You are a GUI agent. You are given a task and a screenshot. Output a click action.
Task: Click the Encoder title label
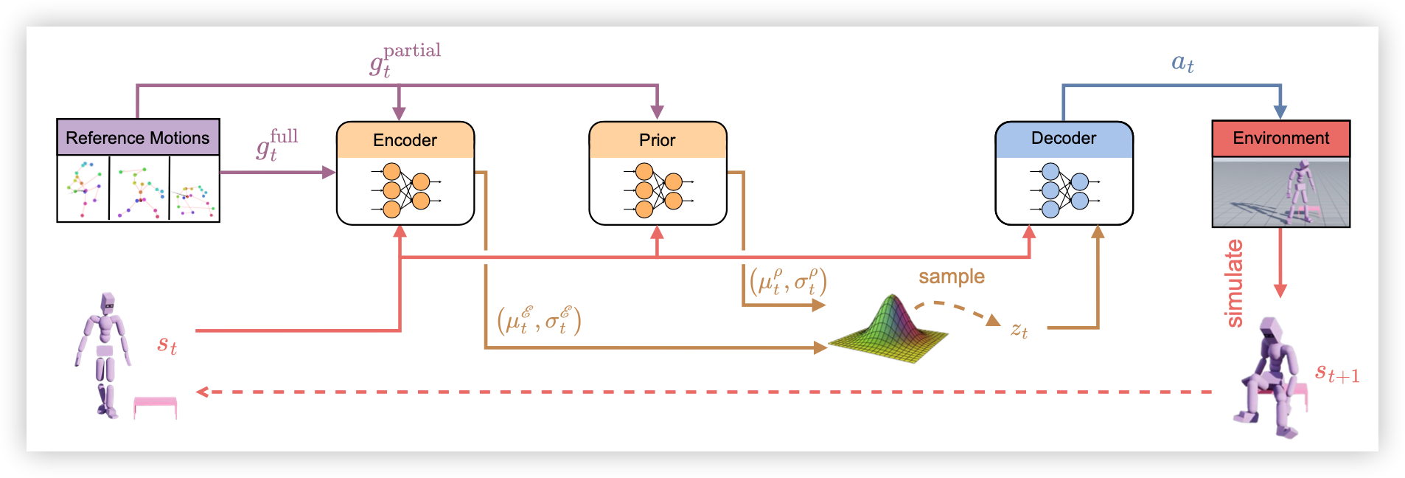click(405, 140)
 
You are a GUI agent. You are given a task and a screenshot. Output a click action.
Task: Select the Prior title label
click(657, 140)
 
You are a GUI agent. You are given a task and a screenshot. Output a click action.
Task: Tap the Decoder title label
click(1063, 139)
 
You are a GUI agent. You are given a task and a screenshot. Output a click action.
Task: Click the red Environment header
click(1280, 139)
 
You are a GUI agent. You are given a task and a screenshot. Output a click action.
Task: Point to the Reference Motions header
click(138, 138)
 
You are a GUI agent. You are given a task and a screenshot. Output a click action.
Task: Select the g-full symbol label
click(277, 144)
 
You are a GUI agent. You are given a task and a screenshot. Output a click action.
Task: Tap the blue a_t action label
click(1182, 63)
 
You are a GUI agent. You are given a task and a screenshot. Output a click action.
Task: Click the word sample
click(951, 277)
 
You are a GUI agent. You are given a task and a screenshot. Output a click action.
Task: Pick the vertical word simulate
click(1233, 283)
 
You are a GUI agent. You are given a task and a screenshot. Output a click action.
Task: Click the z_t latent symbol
click(1019, 330)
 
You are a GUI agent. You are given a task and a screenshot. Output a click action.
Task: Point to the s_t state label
click(167, 344)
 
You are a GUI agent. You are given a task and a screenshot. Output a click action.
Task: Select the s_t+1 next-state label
click(1337, 373)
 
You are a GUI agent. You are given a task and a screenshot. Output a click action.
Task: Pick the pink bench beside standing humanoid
click(155, 406)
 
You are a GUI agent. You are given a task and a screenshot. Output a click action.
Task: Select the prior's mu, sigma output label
click(788, 282)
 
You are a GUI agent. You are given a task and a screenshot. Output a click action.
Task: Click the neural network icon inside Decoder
click(1064, 190)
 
